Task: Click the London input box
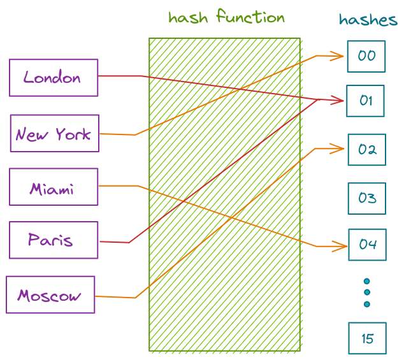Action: (x=54, y=78)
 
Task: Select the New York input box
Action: (x=55, y=134)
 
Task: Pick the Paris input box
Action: (x=54, y=240)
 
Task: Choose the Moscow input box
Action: (x=50, y=295)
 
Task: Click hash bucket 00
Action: (x=366, y=56)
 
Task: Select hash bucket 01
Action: (x=365, y=101)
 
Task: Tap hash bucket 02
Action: (x=367, y=150)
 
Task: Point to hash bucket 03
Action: (x=367, y=198)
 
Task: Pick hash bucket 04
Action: (x=368, y=245)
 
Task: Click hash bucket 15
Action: (x=368, y=338)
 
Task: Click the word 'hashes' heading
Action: (x=368, y=20)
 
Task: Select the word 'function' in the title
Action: (x=250, y=17)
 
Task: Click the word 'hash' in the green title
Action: (x=189, y=17)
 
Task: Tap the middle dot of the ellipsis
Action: (x=367, y=292)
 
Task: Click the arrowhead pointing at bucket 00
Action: (x=340, y=56)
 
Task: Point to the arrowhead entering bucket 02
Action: (x=340, y=149)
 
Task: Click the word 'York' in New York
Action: (x=73, y=134)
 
